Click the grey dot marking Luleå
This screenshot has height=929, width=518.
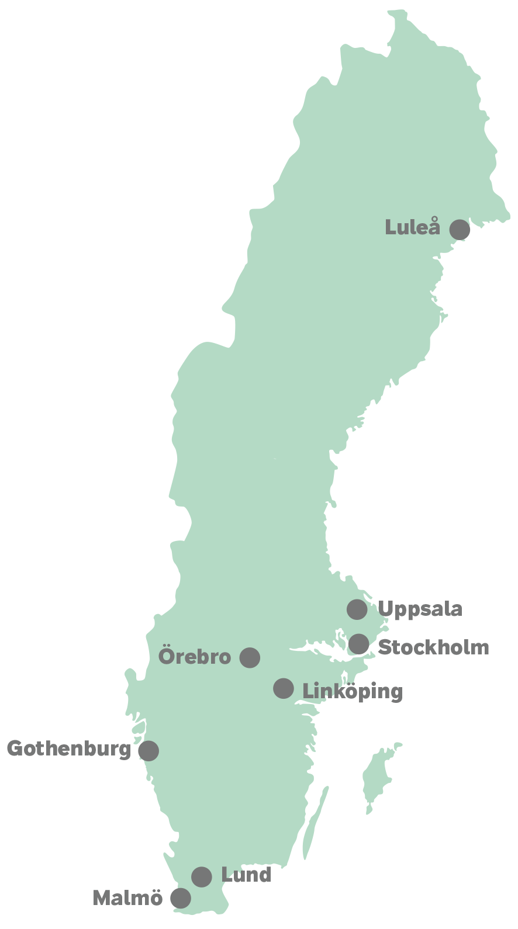460,230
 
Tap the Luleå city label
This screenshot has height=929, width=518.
412,227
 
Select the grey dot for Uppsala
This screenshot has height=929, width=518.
357,609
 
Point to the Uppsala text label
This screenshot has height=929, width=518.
420,609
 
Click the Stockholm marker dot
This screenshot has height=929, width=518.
359,644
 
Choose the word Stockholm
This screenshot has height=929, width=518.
433,647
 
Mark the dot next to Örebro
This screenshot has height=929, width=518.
250,657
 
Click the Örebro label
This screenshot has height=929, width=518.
195,656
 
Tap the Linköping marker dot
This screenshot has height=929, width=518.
284,688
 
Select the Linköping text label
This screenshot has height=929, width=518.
353,692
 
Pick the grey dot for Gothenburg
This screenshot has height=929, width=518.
149,751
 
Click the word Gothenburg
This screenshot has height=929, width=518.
69,749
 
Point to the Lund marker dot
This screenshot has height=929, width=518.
202,876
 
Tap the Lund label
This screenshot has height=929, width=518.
246,875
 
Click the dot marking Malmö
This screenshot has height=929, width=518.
181,898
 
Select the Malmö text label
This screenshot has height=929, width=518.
127,898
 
